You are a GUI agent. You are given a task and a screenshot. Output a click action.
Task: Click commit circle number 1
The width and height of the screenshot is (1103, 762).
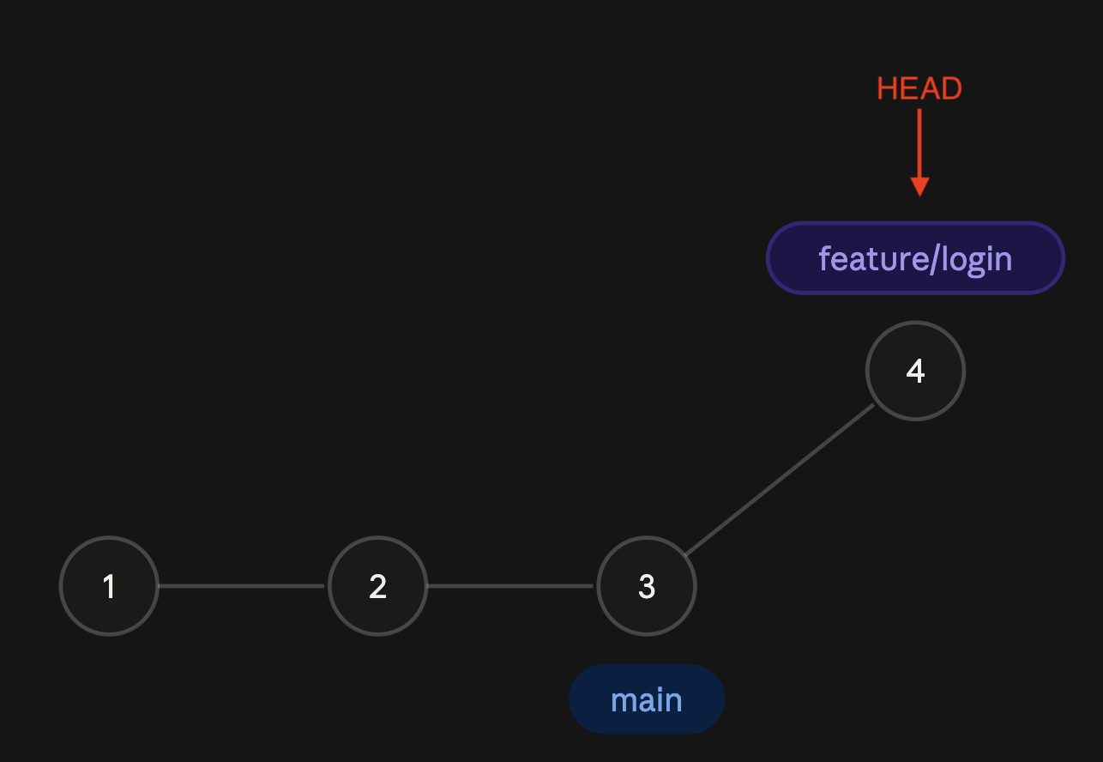[109, 586]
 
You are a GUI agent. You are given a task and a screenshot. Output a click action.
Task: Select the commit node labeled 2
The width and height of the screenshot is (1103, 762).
[377, 586]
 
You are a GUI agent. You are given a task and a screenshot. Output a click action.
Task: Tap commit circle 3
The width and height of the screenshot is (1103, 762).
[647, 586]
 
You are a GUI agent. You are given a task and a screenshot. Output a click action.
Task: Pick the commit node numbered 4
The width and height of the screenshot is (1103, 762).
[915, 371]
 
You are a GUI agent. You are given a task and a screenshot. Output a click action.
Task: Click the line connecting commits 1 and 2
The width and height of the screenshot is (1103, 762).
[241, 586]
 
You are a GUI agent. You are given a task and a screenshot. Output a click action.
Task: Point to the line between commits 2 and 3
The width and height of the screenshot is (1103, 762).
[510, 586]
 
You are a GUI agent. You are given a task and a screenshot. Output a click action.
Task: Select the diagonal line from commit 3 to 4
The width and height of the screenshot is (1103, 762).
[780, 480]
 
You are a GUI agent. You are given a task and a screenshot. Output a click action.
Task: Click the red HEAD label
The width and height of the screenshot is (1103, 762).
[919, 88]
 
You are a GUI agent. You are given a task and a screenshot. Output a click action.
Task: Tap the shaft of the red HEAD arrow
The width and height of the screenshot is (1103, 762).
[919, 142]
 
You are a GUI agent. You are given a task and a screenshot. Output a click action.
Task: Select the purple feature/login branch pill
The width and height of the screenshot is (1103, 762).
[915, 257]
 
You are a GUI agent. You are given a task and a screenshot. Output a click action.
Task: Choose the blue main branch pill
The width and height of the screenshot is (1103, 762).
[647, 699]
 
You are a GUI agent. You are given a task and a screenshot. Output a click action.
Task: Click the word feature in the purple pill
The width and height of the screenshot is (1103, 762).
[873, 258]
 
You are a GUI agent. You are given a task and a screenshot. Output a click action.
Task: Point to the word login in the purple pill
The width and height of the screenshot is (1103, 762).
[976, 260]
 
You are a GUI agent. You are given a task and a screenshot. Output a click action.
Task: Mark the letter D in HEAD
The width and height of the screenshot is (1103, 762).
[951, 88]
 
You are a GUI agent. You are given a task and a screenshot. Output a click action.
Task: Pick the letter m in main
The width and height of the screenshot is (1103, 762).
[626, 701]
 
